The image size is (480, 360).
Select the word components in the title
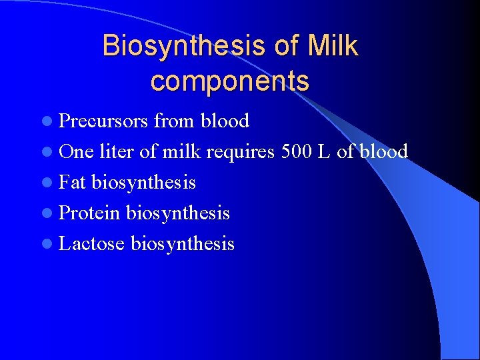tap(230, 81)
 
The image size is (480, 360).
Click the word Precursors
tap(103, 121)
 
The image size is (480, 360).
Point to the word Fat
tap(73, 183)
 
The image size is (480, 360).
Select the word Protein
tap(89, 213)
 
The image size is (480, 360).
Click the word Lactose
tap(92, 244)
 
